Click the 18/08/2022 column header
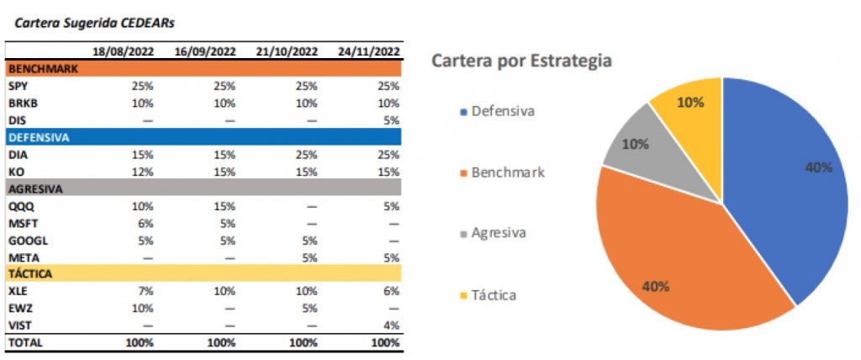tap(124, 51)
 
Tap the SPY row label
tap(18, 86)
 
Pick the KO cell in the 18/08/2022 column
tap(142, 171)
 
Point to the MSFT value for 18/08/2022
tap(145, 222)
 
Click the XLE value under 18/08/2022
tap(145, 290)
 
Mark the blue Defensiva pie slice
tap(790, 185)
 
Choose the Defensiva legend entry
tap(503, 111)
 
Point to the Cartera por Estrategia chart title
tap(521, 61)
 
